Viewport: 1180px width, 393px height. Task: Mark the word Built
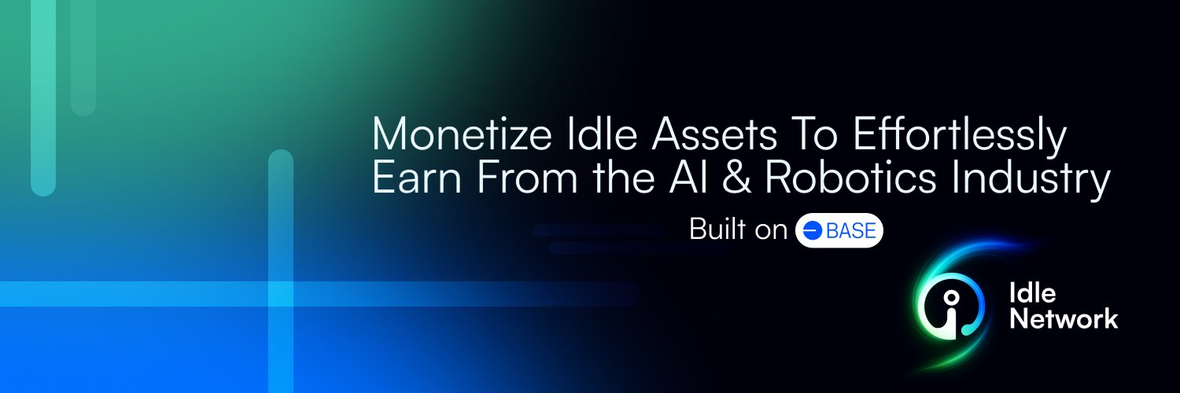point(714,230)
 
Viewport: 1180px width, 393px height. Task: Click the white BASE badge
point(839,230)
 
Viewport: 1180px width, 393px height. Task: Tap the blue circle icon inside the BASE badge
point(812,230)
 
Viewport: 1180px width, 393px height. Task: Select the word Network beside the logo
point(1064,319)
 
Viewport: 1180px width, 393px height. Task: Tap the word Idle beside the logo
point(1033,294)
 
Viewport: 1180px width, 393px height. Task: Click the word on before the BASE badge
point(771,230)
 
